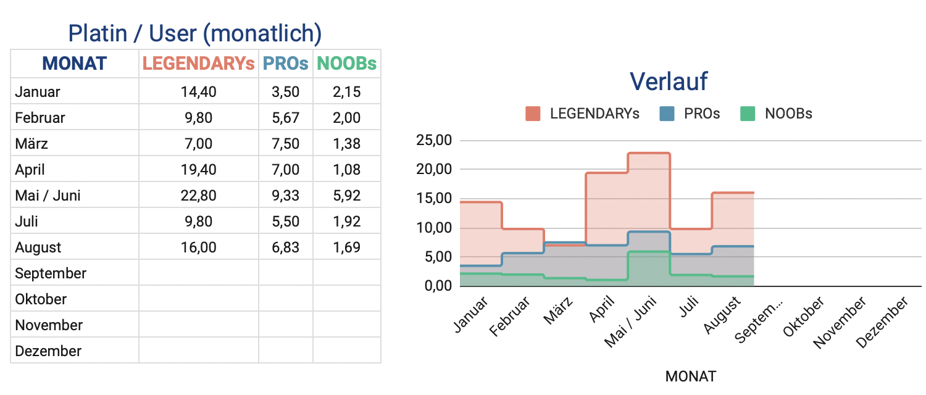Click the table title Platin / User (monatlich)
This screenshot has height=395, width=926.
tap(194, 33)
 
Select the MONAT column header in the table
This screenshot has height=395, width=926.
tap(74, 64)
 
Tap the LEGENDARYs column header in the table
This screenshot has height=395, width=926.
tap(198, 64)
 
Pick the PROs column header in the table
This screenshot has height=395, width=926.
tap(285, 64)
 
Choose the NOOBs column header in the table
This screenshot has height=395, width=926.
tap(346, 64)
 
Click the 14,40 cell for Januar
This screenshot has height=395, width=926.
tap(198, 92)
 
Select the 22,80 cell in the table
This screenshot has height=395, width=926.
tap(198, 196)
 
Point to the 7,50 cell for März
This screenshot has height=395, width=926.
tap(285, 144)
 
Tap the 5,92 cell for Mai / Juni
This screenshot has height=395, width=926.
tap(346, 196)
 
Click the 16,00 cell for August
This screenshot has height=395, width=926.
tap(198, 247)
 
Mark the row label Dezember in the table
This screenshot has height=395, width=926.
tap(48, 351)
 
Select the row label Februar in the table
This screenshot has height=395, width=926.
tap(40, 118)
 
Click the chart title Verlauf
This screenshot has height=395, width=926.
tap(669, 81)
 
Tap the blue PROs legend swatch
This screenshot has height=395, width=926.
tap(666, 114)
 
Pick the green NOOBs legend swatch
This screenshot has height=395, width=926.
tap(747, 114)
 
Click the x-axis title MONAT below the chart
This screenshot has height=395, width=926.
tap(691, 376)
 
